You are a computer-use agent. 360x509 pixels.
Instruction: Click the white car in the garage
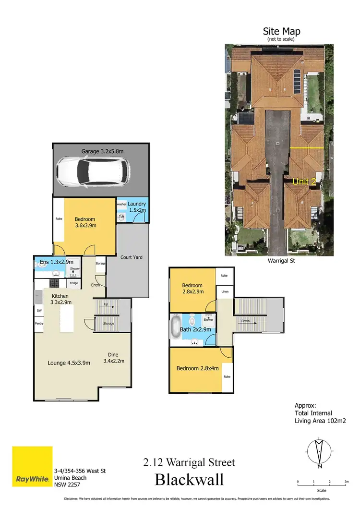pyautogui.click(x=93, y=172)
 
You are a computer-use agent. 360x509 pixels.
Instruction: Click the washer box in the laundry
pyautogui.click(x=121, y=204)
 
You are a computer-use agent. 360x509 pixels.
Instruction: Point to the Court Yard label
pyautogui.click(x=131, y=257)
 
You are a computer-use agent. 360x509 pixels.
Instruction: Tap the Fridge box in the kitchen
pyautogui.click(x=74, y=283)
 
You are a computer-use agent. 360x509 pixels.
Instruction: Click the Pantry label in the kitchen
pyautogui.click(x=39, y=324)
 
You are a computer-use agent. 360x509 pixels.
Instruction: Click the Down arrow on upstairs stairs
pyautogui.click(x=245, y=321)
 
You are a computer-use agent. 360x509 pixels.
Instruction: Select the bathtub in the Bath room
pyautogui.click(x=176, y=327)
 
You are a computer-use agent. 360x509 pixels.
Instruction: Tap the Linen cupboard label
pyautogui.click(x=224, y=291)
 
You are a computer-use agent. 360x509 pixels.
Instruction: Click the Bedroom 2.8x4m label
pyautogui.click(x=198, y=368)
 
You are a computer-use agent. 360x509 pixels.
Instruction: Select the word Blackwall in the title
pyautogui.click(x=189, y=480)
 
